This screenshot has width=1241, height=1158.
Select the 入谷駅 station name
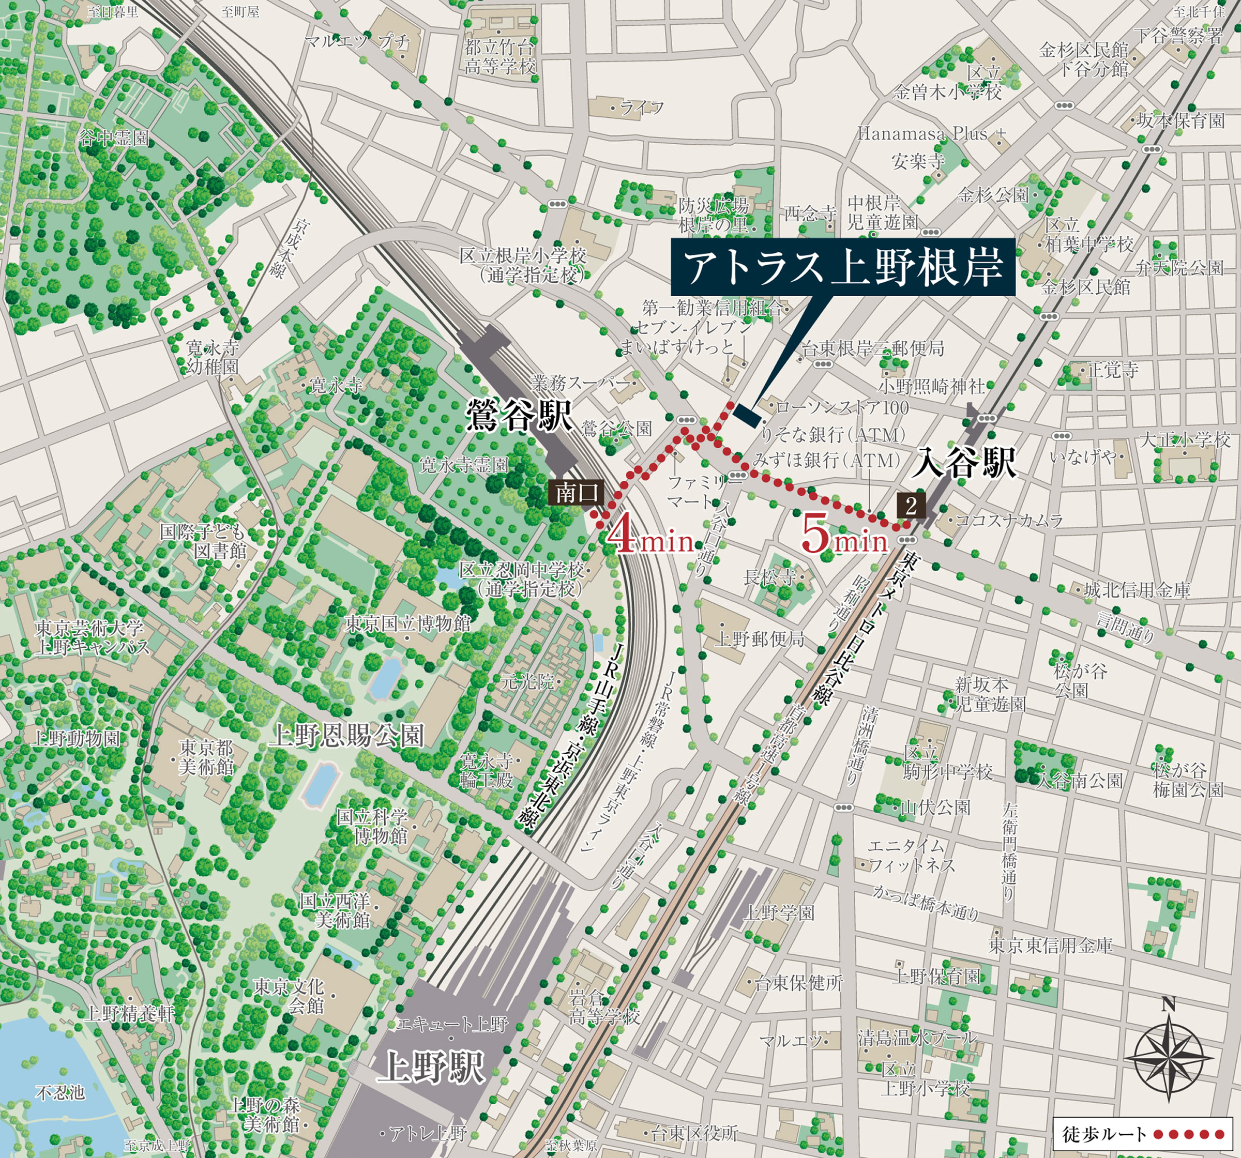(x=967, y=463)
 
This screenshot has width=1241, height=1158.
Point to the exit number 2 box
(x=911, y=506)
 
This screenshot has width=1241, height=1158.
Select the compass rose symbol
(x=1168, y=1058)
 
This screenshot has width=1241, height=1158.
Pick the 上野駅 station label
(x=431, y=1066)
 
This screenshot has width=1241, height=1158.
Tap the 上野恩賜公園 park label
(x=346, y=737)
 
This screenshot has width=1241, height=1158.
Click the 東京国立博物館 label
(x=407, y=623)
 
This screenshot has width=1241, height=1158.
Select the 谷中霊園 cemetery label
(x=114, y=138)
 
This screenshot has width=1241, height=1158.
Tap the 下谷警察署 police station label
(x=1178, y=35)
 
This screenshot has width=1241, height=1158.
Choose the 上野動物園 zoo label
(x=75, y=739)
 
